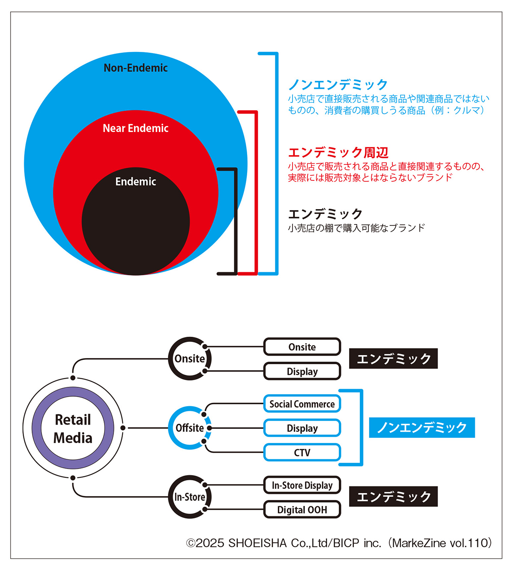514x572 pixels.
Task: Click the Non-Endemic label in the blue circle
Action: pos(135,68)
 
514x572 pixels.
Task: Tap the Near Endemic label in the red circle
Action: pos(135,128)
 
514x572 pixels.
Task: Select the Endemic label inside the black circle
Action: pos(135,182)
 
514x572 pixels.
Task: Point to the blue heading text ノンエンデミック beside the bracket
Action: pos(338,84)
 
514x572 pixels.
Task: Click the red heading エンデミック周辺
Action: pos(338,153)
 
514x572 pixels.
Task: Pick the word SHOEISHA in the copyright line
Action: pos(257,543)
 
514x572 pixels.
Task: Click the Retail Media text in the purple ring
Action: pos(73,428)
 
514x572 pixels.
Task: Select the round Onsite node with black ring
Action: pos(189,359)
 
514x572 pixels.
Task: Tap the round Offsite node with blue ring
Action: pos(189,428)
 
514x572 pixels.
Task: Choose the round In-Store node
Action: pos(189,497)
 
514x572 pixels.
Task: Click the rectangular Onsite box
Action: pos(302,347)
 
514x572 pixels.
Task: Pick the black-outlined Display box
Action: pos(302,371)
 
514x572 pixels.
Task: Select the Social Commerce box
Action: pos(302,404)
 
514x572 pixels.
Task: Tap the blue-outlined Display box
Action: pos(302,428)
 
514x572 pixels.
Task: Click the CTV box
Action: pos(302,452)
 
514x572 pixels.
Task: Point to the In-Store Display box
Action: pos(302,485)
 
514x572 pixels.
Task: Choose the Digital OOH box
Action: pos(302,509)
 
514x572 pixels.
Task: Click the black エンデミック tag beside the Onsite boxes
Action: pos(393,359)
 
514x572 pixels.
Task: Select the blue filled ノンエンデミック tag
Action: pos(422,428)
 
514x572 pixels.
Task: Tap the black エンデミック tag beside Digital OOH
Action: pos(393,497)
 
